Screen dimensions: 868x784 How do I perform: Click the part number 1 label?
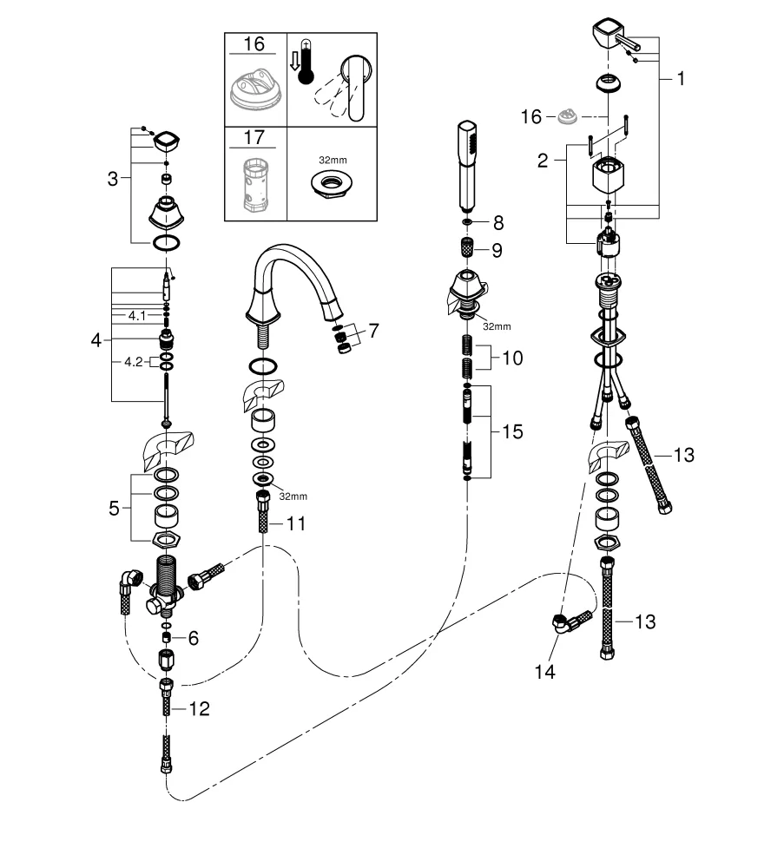[681, 79]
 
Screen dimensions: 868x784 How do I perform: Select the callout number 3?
[113, 180]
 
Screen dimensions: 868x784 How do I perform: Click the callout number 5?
[114, 508]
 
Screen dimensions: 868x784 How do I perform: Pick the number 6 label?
[193, 638]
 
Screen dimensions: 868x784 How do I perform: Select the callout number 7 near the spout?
[373, 331]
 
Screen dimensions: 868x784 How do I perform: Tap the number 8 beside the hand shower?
[497, 223]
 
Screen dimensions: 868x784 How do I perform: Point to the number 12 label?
[512, 358]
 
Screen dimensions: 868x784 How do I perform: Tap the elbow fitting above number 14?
[570, 621]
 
